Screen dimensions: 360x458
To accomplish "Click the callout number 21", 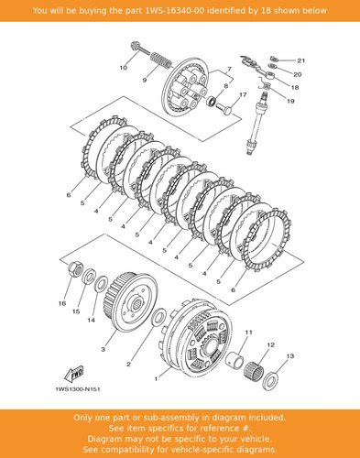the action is click(301, 60).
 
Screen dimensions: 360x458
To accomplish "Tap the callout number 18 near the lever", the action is click(295, 88).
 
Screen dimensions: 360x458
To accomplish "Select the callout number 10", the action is click(123, 68).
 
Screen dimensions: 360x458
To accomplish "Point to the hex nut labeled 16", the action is click(75, 268).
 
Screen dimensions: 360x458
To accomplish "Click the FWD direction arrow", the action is click(73, 374).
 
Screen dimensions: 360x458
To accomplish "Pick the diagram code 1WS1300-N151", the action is click(78, 389).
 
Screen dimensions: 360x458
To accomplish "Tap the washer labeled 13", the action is click(270, 380).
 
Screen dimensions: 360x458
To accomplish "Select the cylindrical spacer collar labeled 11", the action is click(235, 360).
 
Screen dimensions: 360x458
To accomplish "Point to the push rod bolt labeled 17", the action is click(224, 108).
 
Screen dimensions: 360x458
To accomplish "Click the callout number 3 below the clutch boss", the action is click(104, 349).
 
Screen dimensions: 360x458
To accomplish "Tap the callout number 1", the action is click(156, 379).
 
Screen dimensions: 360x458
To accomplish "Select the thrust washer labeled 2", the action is click(158, 317).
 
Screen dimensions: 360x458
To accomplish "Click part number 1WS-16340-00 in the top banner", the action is click(176, 11).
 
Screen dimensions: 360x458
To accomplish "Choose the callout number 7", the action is click(229, 69).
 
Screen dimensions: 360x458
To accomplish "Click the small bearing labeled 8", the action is click(212, 101).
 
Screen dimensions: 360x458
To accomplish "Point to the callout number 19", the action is click(290, 101).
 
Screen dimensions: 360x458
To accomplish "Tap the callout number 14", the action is click(91, 321).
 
